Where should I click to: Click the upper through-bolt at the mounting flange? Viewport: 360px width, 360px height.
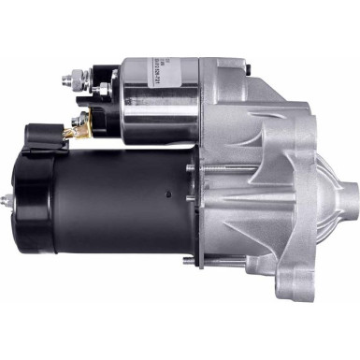tap(192, 169)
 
